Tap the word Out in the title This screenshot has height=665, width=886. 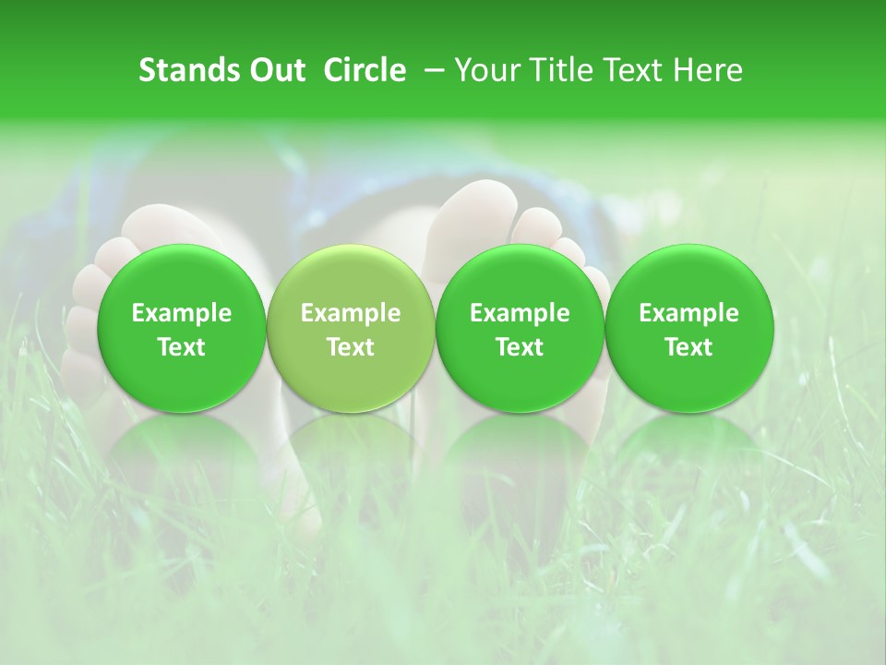pos(275,70)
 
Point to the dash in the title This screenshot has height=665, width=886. pos(431,71)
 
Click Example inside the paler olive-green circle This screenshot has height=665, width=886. pos(351,313)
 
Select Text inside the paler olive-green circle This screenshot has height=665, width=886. pos(351,347)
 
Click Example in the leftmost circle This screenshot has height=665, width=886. pos(182,313)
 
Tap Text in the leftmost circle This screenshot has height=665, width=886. pos(182,347)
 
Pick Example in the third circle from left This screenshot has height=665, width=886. pos(520,313)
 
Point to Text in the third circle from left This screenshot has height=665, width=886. pos(520,347)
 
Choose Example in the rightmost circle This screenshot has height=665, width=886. pos(688,313)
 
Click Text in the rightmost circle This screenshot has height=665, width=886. pos(688,347)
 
